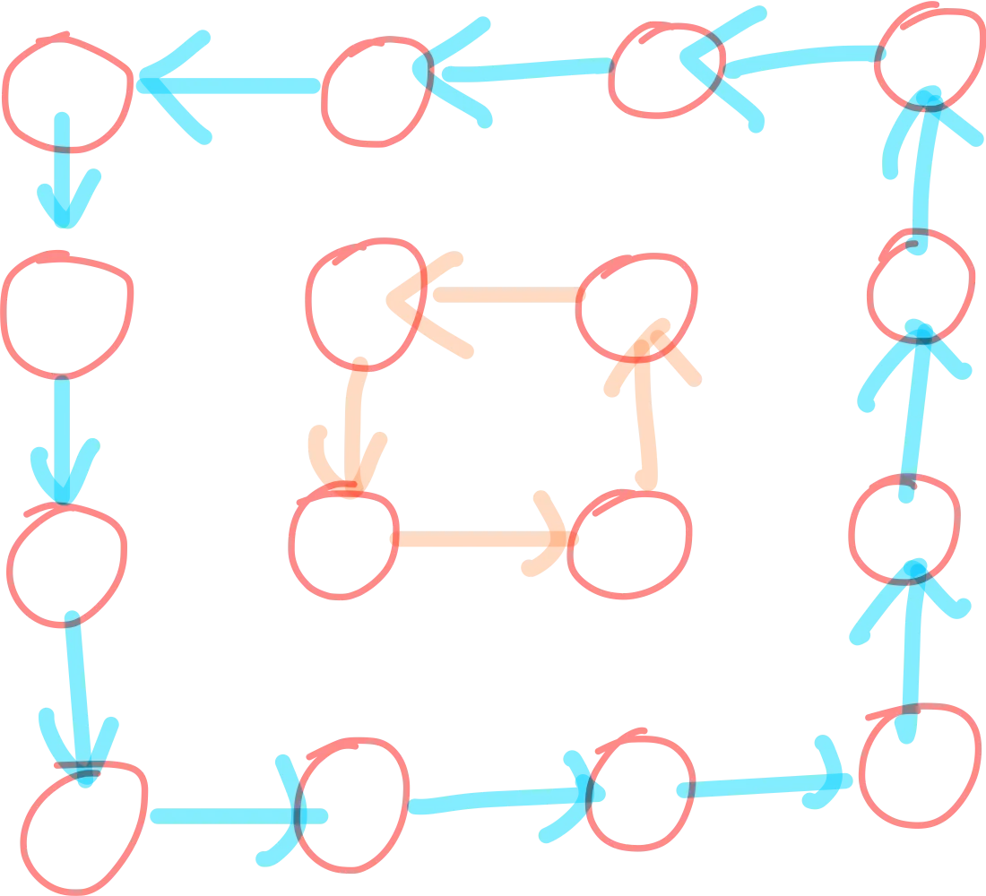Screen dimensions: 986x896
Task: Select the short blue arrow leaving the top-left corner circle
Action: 65,170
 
